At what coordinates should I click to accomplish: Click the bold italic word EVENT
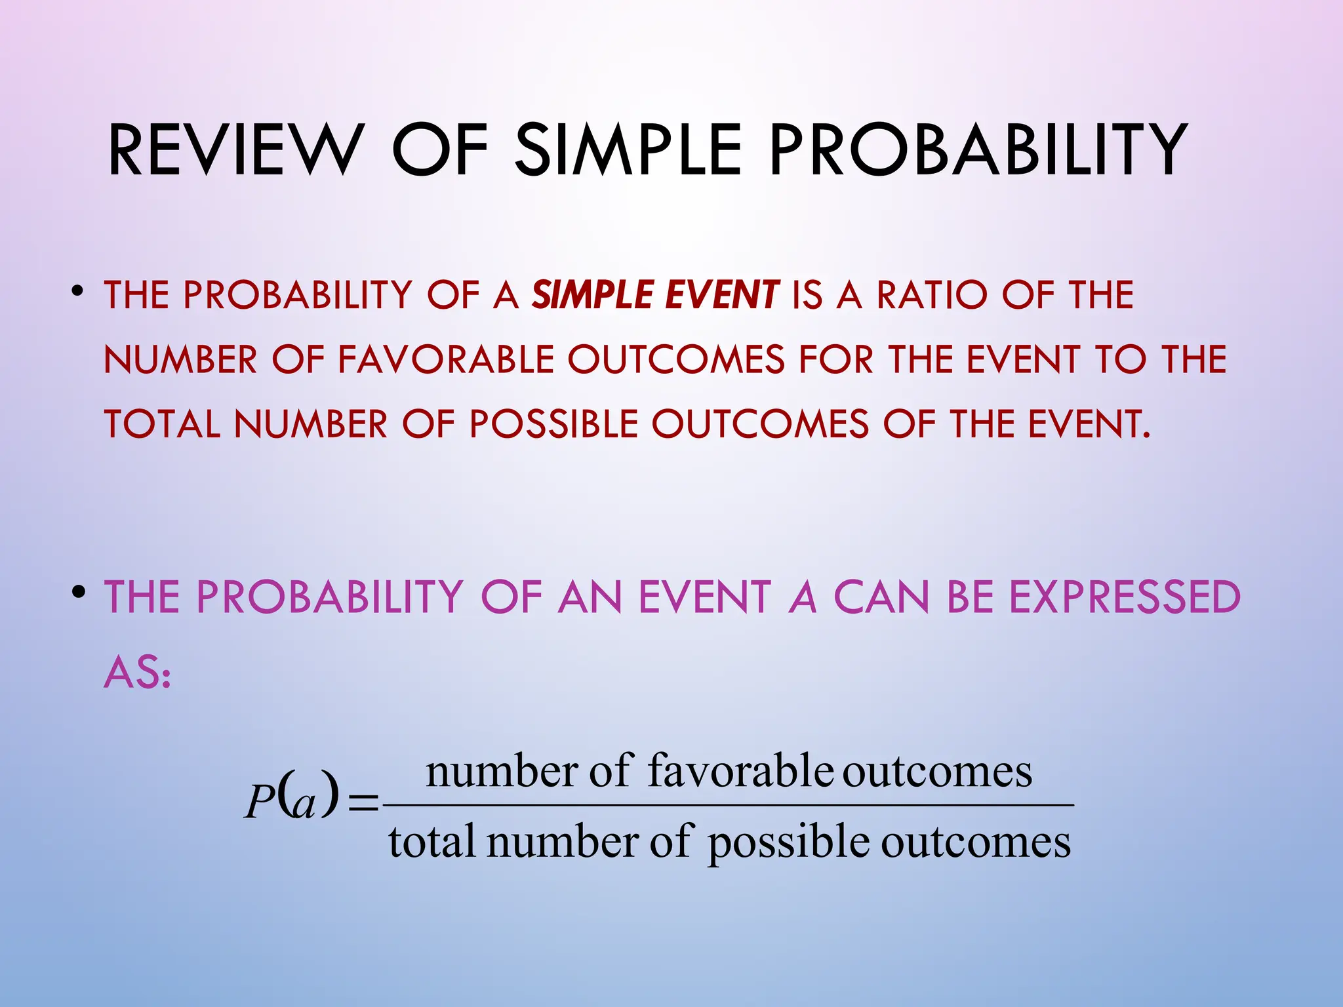pyautogui.click(x=722, y=294)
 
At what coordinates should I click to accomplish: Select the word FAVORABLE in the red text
pyautogui.click(x=446, y=359)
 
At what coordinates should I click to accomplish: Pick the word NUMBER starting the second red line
pyautogui.click(x=180, y=359)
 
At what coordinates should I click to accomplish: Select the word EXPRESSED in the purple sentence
pyautogui.click(x=1124, y=597)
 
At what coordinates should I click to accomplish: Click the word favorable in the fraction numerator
pyautogui.click(x=740, y=770)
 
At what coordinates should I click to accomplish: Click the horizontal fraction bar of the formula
pyautogui.click(x=728, y=804)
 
